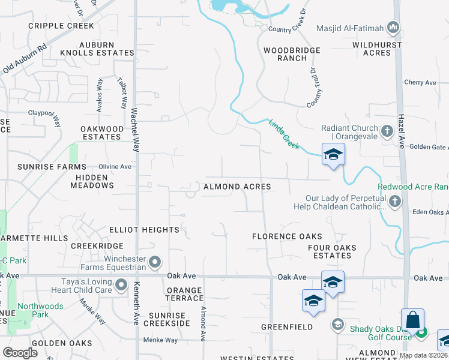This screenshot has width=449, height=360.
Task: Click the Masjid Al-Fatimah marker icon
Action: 394,27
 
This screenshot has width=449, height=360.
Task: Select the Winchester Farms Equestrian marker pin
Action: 155,262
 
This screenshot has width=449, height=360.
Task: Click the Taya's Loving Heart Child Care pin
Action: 122,284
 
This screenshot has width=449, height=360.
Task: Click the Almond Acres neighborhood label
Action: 237,187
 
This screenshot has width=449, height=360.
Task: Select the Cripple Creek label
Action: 61,26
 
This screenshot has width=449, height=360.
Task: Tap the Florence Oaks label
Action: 287,236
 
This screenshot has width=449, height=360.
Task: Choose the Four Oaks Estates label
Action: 332,251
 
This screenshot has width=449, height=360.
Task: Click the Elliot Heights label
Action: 144,230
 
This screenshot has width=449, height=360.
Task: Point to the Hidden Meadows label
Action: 92,181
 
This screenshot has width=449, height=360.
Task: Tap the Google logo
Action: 20,353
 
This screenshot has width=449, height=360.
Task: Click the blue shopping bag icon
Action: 413,320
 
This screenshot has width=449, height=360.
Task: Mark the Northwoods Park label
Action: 41,310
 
